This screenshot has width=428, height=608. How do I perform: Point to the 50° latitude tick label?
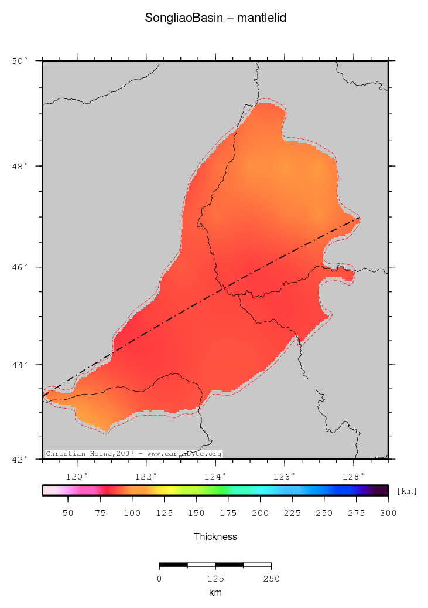click(x=20, y=60)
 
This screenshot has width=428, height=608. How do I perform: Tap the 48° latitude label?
click(x=20, y=166)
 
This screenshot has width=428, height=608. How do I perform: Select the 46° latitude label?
click(x=20, y=267)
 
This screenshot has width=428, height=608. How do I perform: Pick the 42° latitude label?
click(x=20, y=459)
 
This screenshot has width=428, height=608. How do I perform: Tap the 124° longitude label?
click(x=215, y=476)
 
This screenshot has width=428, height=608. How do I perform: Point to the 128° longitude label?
click(x=354, y=476)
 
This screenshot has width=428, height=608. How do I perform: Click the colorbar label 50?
click(x=68, y=513)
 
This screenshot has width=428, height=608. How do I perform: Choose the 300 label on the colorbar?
click(x=388, y=513)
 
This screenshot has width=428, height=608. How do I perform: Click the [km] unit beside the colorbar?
click(x=407, y=491)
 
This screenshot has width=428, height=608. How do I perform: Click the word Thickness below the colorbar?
click(x=215, y=536)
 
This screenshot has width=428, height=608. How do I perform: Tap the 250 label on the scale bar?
click(x=271, y=579)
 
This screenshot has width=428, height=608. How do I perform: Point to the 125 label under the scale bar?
click(x=215, y=579)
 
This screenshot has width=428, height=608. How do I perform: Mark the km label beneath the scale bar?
click(x=215, y=593)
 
